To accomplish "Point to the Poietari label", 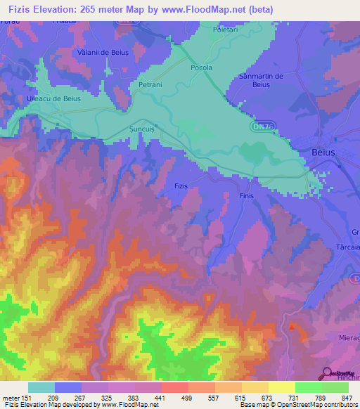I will click(226, 30).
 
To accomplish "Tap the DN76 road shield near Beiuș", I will click(258, 126).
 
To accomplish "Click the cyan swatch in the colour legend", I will click(41, 387).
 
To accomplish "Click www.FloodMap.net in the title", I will click(207, 10).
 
